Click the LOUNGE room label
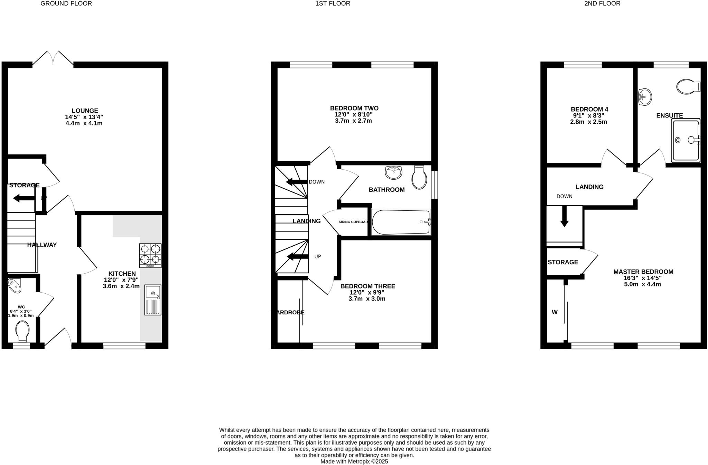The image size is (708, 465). click(85, 111)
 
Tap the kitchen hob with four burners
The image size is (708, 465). click(150, 256)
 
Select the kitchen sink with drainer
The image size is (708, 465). click(153, 300)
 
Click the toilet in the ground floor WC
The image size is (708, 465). click(22, 331)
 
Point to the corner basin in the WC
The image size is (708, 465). click(15, 285)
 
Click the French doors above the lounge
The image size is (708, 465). click(53, 58)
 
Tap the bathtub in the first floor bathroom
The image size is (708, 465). click(401, 222)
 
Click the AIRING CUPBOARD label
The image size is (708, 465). click(353, 222)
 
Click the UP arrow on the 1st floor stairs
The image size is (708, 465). click(298, 256)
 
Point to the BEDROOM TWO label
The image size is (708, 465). click(354, 108)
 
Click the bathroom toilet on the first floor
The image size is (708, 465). click(419, 177)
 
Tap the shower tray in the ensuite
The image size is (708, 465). click(686, 140)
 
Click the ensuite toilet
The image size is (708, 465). click(688, 86)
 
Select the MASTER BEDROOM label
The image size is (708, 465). click(643, 272)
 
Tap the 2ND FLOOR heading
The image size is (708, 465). click(602, 3)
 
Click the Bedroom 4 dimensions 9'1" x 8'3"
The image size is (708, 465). click(589, 116)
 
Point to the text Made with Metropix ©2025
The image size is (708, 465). click(354, 462)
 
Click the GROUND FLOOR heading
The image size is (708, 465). click(66, 3)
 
